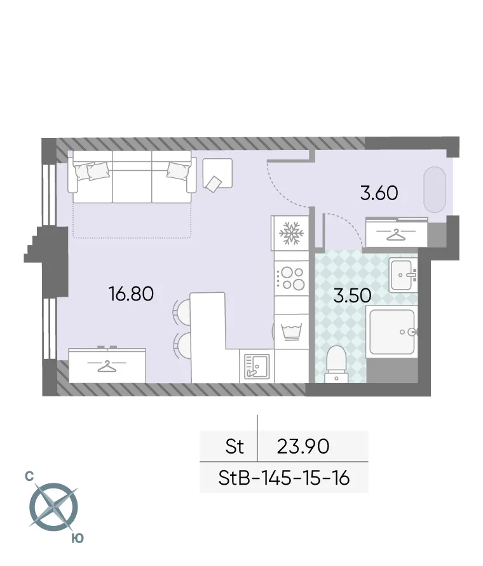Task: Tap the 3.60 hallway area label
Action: (x=379, y=192)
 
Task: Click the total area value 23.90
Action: (x=303, y=447)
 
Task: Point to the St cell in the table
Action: (x=235, y=447)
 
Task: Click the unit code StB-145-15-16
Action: (x=284, y=478)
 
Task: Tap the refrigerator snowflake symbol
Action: (x=290, y=233)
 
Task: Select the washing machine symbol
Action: (x=290, y=331)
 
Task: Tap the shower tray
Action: (x=393, y=332)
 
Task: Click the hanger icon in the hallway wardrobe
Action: (x=396, y=235)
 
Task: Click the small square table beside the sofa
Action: (x=217, y=175)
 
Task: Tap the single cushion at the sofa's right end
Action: (x=178, y=170)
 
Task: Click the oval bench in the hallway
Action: (x=437, y=189)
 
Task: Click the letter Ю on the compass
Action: (x=76, y=538)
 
